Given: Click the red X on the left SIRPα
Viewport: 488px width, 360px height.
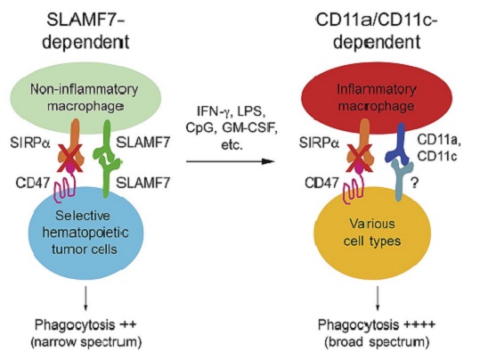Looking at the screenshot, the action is (x=69, y=159).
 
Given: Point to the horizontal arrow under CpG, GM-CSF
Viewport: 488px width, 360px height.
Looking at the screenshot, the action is (x=231, y=161).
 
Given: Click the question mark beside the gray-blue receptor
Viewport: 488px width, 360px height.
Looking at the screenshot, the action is (x=414, y=183).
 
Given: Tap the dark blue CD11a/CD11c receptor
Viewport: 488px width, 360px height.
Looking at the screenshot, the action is (x=399, y=145).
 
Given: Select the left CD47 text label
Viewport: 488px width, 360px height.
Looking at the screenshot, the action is (x=33, y=183).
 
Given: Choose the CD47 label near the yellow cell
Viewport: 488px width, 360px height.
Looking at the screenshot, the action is (x=321, y=183).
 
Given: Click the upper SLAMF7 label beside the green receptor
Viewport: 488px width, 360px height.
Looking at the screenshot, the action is (x=142, y=143).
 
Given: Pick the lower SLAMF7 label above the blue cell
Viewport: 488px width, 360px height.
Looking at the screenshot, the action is (x=142, y=183).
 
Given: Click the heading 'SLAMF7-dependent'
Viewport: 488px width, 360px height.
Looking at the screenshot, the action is (x=85, y=32).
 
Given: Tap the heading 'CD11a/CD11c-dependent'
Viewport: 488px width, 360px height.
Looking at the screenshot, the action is (x=377, y=32).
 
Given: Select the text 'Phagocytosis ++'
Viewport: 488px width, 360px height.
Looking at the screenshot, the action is (x=85, y=325).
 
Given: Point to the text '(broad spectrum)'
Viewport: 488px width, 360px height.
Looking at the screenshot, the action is (x=377, y=342).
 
